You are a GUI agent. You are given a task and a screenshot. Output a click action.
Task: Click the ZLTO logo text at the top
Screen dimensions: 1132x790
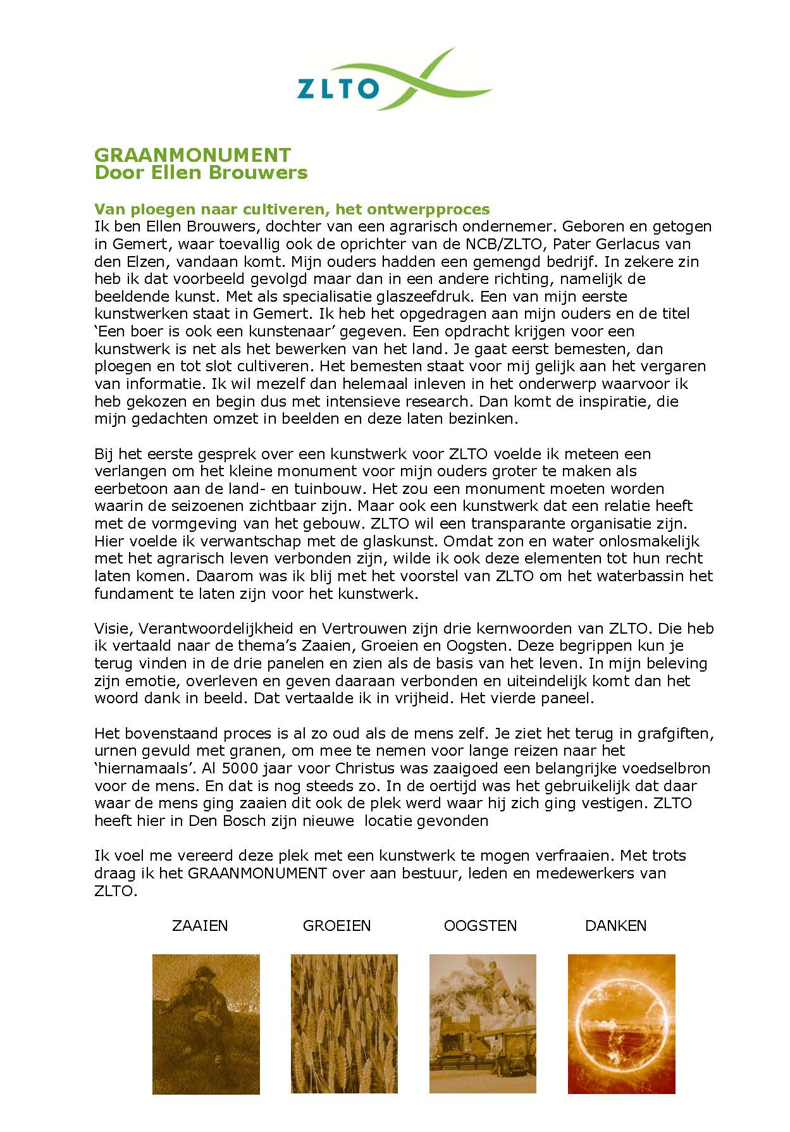pyautogui.click(x=338, y=89)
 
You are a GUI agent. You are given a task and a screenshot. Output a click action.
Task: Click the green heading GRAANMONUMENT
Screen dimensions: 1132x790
pyautogui.click(x=192, y=155)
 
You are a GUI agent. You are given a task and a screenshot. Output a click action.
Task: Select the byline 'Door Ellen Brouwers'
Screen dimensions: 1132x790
pyautogui.click(x=201, y=173)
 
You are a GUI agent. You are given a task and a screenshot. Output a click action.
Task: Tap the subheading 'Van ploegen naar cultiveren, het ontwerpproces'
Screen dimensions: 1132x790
pyautogui.click(x=292, y=209)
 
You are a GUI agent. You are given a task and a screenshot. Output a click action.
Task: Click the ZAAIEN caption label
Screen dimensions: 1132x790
pyautogui.click(x=200, y=926)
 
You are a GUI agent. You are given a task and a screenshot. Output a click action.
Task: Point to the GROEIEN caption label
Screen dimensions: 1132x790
pyautogui.click(x=336, y=926)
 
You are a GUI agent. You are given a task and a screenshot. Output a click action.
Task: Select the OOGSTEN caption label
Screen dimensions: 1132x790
pyautogui.click(x=480, y=926)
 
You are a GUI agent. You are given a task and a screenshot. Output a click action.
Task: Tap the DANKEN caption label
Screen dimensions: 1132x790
pyautogui.click(x=615, y=926)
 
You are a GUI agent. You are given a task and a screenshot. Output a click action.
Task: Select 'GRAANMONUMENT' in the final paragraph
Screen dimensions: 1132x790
pyautogui.click(x=257, y=873)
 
